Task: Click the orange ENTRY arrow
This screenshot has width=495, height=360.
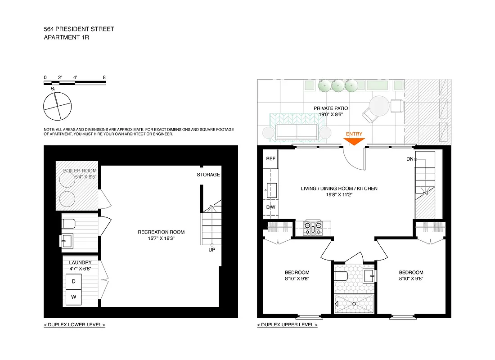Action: (354, 141)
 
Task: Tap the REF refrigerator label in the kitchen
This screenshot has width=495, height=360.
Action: (270, 159)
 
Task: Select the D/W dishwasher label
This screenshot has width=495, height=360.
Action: (270, 207)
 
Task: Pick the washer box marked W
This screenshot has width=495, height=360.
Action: (73, 297)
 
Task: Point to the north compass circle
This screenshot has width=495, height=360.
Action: (57, 106)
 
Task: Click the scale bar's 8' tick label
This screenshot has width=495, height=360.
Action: (104, 77)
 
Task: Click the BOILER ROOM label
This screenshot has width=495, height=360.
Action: (80, 171)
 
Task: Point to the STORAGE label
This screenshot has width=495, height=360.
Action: (208, 175)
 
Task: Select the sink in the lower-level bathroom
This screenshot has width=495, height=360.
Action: (67, 241)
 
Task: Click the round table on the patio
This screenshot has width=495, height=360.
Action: (379, 107)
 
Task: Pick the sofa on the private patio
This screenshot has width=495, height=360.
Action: (297, 131)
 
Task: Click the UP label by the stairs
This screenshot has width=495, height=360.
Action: (211, 249)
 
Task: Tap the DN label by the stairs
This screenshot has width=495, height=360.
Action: (409, 159)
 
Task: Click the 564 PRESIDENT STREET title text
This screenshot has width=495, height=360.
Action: (79, 29)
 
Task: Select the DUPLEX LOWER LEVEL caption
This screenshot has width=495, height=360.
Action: (74, 324)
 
